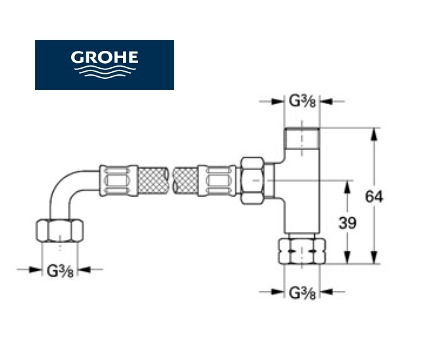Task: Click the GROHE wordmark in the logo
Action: [x=104, y=57]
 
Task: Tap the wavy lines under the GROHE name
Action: [x=105, y=72]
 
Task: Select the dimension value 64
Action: [x=374, y=197]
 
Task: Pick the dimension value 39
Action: [x=347, y=223]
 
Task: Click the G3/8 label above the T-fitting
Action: [x=302, y=101]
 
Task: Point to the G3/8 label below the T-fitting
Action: [x=302, y=293]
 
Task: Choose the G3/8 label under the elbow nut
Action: [x=60, y=271]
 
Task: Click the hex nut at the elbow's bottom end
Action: [x=60, y=230]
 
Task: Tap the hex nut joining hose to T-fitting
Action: [x=253, y=181]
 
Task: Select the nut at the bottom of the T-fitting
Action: [x=302, y=251]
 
